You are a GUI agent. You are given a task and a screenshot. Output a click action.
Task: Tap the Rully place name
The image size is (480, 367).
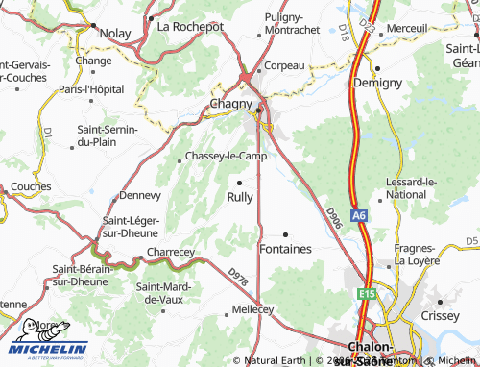point(240,197)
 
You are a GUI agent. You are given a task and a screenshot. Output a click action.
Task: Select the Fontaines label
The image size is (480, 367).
point(286,249)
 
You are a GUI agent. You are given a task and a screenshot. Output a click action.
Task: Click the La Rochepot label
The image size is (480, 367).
point(190,26)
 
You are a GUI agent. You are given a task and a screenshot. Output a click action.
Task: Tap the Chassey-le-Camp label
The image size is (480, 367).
point(226,156)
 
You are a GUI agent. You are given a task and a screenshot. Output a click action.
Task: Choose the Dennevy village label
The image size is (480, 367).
point(139,195)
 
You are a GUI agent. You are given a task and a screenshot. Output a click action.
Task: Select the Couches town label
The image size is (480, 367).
point(32,186)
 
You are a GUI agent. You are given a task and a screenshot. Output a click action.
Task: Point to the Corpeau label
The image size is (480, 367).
point(284,65)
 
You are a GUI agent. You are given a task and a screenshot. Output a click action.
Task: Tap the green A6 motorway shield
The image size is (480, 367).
point(359,217)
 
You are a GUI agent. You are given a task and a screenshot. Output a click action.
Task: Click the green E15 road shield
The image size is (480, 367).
point(369,292)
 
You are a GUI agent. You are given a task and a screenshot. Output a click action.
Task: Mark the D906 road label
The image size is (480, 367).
point(333,218)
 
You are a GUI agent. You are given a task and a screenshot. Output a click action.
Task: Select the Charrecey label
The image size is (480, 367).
point(170,252)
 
